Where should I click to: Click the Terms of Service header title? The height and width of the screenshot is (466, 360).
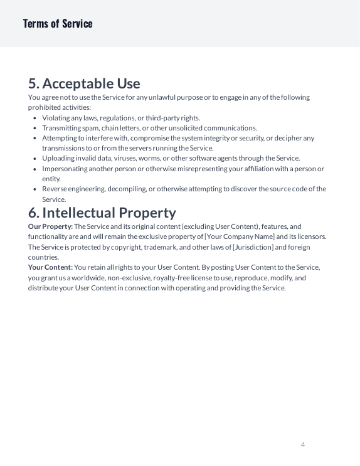pyautogui.click(x=58, y=24)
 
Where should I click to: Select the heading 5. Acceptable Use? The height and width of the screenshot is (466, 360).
pyautogui.click(x=84, y=83)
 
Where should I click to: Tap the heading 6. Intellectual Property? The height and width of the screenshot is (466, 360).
pyautogui.click(x=102, y=212)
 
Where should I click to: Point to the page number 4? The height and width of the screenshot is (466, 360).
pyautogui.click(x=303, y=445)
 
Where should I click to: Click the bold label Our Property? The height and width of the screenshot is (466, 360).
pyautogui.click(x=51, y=226)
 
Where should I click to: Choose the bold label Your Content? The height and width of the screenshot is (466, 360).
pyautogui.click(x=50, y=267)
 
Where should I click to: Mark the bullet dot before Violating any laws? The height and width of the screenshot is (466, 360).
pyautogui.click(x=34, y=118)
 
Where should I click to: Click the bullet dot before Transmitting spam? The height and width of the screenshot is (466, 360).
pyautogui.click(x=34, y=128)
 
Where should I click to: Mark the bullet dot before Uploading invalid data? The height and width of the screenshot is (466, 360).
pyautogui.click(x=34, y=159)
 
